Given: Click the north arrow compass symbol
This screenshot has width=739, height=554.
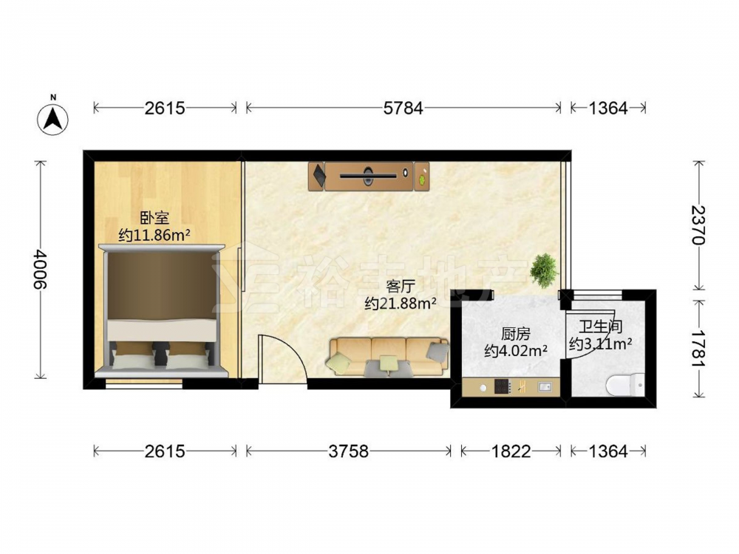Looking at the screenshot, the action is [x=52, y=117].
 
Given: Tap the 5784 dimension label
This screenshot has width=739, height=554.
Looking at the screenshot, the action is [x=403, y=109].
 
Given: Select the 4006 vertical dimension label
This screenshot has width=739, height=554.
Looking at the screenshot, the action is [x=41, y=270].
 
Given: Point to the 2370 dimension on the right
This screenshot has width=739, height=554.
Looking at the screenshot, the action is [x=698, y=225].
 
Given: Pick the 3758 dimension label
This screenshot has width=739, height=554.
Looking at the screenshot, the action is [x=348, y=451].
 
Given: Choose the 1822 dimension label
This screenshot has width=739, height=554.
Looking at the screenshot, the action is [x=511, y=451].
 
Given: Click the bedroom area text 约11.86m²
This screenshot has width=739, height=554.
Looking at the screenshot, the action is [x=154, y=235].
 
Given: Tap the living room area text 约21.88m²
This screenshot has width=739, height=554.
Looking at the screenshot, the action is [x=400, y=304].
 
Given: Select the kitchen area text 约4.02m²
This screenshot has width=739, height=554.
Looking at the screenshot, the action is [x=516, y=350].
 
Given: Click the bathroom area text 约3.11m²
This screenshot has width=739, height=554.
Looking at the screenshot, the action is [x=600, y=344].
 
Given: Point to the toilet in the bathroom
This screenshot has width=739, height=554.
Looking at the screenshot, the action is [x=625, y=384].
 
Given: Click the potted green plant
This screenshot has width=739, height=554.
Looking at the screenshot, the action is [x=544, y=270].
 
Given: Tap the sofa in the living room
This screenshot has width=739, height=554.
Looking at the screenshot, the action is [x=387, y=357].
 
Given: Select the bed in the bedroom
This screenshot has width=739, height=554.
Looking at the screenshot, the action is [x=162, y=311].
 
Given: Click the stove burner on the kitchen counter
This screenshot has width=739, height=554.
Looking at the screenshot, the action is [x=503, y=387].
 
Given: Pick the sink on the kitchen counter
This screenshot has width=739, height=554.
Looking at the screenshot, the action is [x=545, y=387].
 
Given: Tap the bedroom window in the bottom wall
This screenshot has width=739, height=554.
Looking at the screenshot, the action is [x=144, y=384].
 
